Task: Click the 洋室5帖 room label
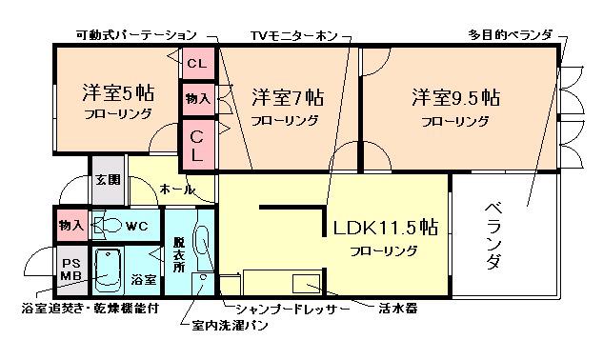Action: pos(118,92)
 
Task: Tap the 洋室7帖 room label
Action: pos(288,97)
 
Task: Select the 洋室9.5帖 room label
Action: pos(455,97)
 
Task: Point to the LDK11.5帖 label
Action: pos(386,228)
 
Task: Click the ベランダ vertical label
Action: pos(493,235)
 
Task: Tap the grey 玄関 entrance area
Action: pos(108,180)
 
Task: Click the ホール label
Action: pos(177,190)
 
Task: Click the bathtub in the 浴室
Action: pos(109,270)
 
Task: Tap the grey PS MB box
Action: pos(71,270)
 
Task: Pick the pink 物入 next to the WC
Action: pos(71,226)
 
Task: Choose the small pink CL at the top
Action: pos(198,63)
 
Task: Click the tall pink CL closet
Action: pos(197,146)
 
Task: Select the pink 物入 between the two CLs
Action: pos(198,99)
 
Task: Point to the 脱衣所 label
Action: pos(179,254)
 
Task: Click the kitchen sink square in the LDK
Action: pos(306,284)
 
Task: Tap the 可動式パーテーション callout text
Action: pos(136,35)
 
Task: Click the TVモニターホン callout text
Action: pos(294,36)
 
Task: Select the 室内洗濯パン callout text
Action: pos(230,326)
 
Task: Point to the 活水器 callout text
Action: pos(398,309)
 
